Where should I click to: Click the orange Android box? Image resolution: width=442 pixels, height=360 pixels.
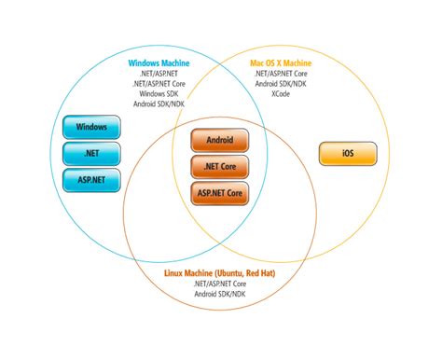(x=220, y=142)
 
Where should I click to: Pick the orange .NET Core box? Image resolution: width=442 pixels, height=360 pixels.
(x=220, y=168)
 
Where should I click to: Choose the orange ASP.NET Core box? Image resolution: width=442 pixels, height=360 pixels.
(x=220, y=194)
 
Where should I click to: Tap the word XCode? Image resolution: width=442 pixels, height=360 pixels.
(x=281, y=94)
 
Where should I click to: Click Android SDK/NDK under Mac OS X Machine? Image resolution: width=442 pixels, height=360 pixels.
(x=281, y=84)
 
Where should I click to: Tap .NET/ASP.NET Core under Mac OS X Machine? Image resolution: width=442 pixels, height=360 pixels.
(x=281, y=75)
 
